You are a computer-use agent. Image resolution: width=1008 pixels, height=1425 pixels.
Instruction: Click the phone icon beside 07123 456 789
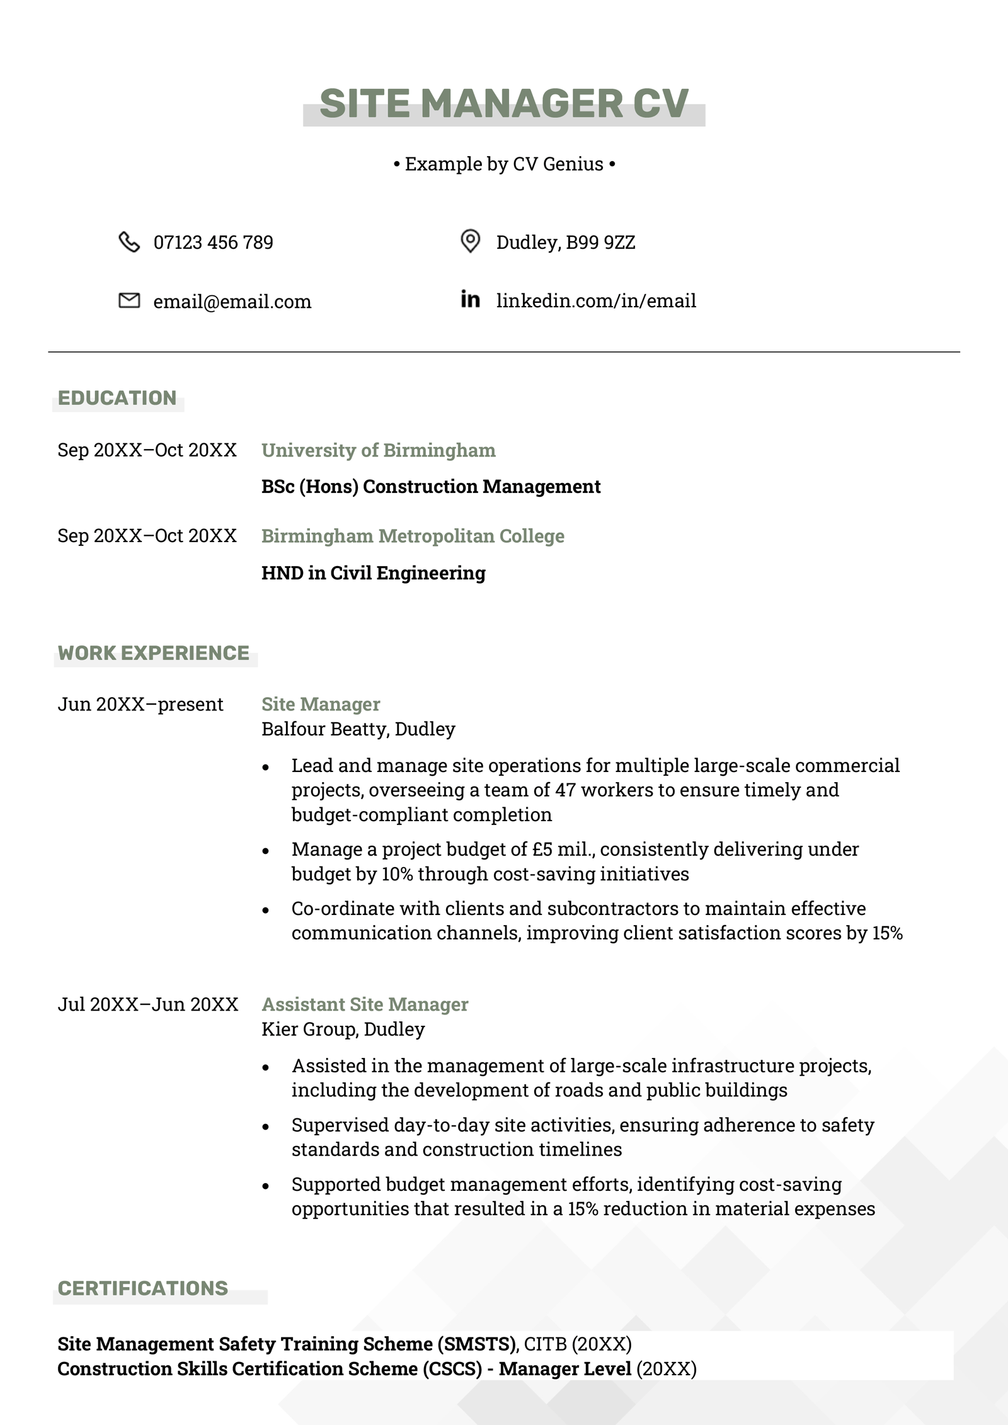coord(129,242)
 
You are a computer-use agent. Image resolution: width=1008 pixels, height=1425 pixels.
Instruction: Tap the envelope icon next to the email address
coord(129,301)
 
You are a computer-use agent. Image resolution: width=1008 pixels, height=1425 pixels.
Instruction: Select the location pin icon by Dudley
coord(470,241)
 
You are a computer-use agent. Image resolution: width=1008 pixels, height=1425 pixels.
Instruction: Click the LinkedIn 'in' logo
coord(470,299)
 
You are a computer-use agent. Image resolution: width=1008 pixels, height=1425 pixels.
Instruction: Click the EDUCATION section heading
coord(117,398)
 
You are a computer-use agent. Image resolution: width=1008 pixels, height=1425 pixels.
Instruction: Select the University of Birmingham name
coord(378,450)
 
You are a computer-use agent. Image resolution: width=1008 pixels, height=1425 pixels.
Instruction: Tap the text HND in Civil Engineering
coord(373,573)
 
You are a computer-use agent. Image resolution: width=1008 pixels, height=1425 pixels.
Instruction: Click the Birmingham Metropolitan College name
coord(413,536)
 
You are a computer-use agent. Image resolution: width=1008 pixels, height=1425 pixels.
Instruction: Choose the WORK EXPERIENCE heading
coord(154,653)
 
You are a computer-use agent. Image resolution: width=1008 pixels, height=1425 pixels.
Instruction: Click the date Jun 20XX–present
coord(140,704)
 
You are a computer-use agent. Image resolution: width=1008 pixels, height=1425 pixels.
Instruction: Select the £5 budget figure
coord(542,849)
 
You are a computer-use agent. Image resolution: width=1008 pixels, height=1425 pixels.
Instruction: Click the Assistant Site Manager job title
coord(365,1004)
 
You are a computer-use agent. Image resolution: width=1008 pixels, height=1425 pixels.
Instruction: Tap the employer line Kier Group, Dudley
coord(343,1029)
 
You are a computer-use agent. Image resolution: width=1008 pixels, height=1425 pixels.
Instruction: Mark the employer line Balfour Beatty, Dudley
coord(358,729)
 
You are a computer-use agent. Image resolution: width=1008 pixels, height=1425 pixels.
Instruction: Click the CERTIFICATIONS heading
coord(143,1288)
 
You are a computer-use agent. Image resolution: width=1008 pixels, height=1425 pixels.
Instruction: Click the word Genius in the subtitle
coord(573,164)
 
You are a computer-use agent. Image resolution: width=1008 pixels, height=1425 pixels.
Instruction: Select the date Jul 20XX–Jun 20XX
coord(148,1004)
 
